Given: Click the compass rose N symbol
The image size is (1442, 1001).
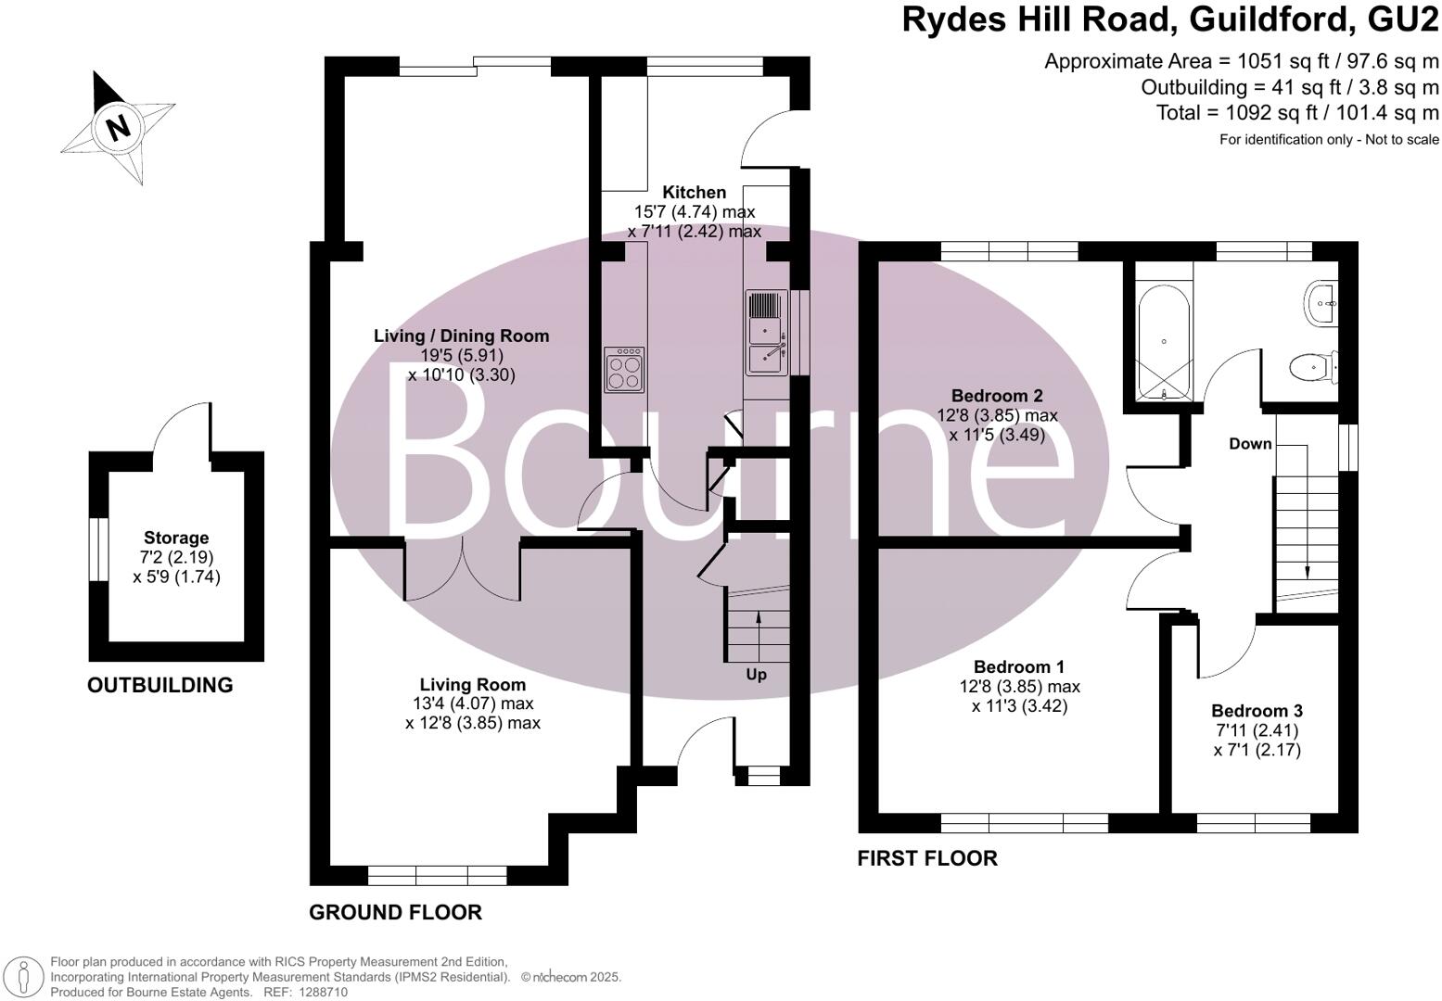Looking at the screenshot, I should (118, 126).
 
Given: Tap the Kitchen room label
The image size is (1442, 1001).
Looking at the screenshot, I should (694, 193).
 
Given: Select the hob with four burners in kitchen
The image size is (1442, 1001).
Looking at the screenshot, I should (623, 370).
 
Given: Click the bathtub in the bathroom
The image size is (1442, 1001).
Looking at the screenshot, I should (1164, 343).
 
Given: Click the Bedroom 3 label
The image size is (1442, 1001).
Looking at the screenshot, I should (1257, 711).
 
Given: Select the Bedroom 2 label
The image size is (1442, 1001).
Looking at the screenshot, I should (997, 396).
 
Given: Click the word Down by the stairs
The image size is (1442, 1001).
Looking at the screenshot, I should (1250, 444).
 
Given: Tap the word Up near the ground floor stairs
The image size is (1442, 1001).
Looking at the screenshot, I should (757, 675).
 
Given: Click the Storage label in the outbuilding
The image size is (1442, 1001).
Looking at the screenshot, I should (176, 538).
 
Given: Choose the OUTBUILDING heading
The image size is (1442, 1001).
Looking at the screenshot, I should (160, 685).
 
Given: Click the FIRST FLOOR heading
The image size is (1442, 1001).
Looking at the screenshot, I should (927, 858).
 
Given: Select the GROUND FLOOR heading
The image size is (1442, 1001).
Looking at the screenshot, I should (395, 912).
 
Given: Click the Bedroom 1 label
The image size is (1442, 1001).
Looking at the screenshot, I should (1018, 667).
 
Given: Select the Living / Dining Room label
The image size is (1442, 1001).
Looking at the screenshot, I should (461, 336).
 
